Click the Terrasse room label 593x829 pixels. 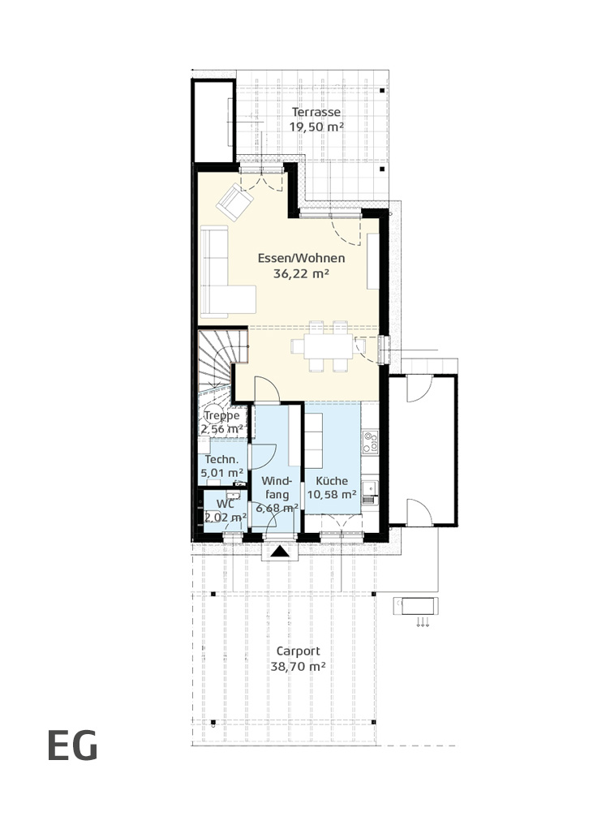tap(316, 112)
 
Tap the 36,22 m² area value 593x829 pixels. tap(301, 273)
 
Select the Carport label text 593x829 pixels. tap(298, 651)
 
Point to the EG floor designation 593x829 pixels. tap(72, 745)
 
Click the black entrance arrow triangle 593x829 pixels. tap(280, 552)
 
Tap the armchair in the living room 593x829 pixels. tap(234, 201)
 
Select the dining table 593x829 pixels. tap(322, 346)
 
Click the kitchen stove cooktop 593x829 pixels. tap(370, 442)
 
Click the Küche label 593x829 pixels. tap(332, 480)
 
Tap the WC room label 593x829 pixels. tap(225, 504)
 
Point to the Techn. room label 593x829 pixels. tap(218, 459)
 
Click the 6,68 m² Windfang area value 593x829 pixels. tap(277, 508)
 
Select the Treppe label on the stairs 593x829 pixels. tap(222, 415)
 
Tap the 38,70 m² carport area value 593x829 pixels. tap(298, 667)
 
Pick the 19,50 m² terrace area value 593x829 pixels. tap(316, 127)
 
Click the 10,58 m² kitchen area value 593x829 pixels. tap(332, 494)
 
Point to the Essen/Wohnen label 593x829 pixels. tap(301, 258)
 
